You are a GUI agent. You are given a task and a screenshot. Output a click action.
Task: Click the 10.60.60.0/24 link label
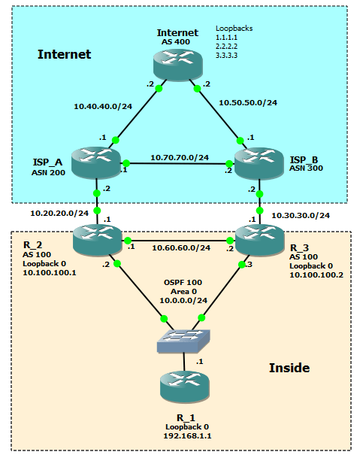click(x=180, y=247)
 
